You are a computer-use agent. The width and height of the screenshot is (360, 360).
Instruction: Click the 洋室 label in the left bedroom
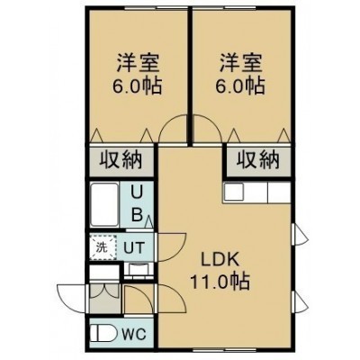(138, 63)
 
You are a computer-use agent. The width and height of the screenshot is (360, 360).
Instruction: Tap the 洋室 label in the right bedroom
(241, 63)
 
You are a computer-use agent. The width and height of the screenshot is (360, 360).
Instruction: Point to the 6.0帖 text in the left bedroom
(137, 85)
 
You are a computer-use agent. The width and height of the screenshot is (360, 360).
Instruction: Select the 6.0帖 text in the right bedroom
(240, 85)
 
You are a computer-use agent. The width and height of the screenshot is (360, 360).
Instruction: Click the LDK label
(220, 260)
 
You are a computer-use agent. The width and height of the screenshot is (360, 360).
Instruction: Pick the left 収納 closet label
(121, 159)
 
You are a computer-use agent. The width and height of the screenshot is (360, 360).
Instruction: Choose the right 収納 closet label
(258, 159)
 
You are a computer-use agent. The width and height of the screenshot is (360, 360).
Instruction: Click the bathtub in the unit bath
(104, 204)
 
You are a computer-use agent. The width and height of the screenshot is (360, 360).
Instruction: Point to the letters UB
(137, 204)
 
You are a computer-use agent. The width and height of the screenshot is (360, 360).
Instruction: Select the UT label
(135, 248)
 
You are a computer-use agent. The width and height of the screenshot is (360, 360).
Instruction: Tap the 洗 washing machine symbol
(103, 247)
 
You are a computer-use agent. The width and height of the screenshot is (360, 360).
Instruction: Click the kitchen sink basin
(234, 193)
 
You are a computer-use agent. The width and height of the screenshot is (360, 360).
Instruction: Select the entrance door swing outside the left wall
(71, 299)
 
